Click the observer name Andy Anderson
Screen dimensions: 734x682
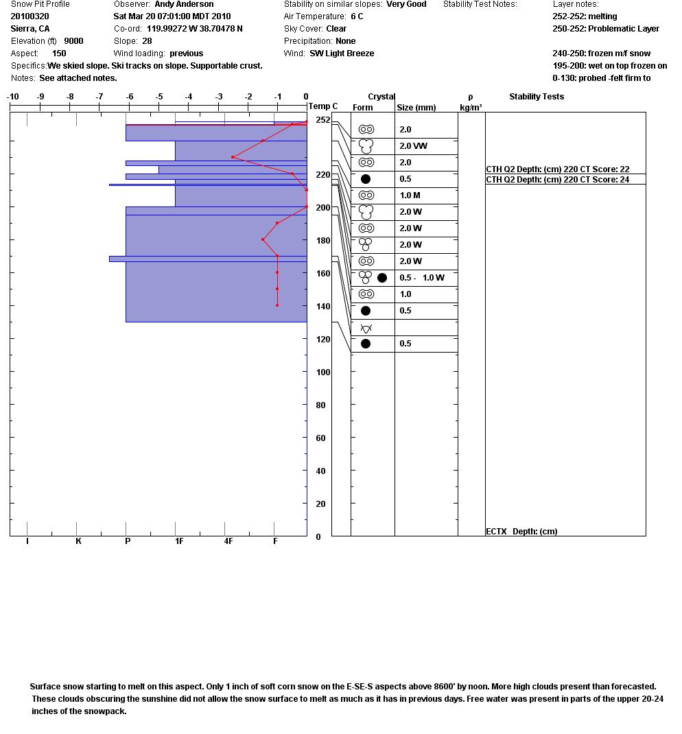coord(184,4)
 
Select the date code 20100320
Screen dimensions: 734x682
coord(30,16)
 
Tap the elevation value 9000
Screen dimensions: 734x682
coord(73,40)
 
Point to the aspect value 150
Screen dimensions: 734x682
coord(59,53)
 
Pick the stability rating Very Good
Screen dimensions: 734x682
coord(406,4)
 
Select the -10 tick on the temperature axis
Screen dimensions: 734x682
coord(13,97)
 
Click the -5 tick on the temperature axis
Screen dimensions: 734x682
coord(159,97)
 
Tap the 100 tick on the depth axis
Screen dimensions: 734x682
coord(322,372)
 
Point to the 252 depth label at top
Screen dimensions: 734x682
coord(322,120)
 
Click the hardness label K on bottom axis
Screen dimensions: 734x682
coord(78,541)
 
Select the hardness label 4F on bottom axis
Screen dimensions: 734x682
coord(228,541)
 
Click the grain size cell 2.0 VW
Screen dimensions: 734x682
coord(413,146)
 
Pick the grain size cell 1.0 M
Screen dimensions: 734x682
coord(410,196)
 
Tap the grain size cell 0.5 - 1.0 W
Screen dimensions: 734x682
coord(422,278)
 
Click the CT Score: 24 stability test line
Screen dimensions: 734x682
coord(557,180)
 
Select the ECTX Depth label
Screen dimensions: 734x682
coord(521,531)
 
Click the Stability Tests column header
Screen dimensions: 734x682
coord(537,97)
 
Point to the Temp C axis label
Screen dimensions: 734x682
coord(323,106)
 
